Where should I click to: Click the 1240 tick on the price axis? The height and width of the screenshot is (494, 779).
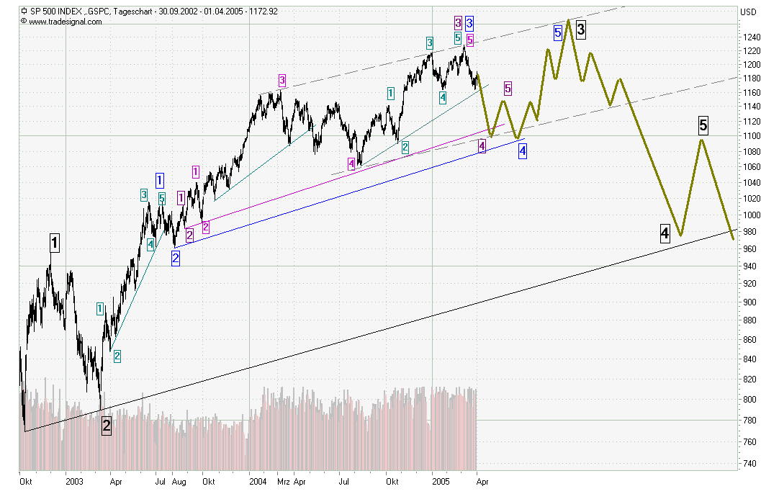pyautogui.click(x=752, y=37)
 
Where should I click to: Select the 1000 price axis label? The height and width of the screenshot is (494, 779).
pyautogui.click(x=752, y=215)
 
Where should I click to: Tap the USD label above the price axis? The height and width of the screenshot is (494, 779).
pyautogui.click(x=749, y=12)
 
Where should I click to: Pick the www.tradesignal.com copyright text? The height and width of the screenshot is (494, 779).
pyautogui.click(x=66, y=22)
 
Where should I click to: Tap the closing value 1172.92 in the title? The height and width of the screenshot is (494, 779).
pyautogui.click(x=262, y=12)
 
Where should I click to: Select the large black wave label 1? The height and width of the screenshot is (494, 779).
pyautogui.click(x=54, y=243)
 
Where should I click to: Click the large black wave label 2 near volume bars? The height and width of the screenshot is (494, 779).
pyautogui.click(x=107, y=426)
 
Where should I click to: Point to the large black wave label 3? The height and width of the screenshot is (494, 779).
pyautogui.click(x=580, y=30)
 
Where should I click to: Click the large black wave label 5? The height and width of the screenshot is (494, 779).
pyautogui.click(x=703, y=126)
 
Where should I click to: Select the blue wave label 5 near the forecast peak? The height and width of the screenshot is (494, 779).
pyautogui.click(x=558, y=32)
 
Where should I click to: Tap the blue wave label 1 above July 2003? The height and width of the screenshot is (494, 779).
pyautogui.click(x=159, y=180)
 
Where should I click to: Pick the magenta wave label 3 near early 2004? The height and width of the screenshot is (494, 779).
pyautogui.click(x=282, y=80)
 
